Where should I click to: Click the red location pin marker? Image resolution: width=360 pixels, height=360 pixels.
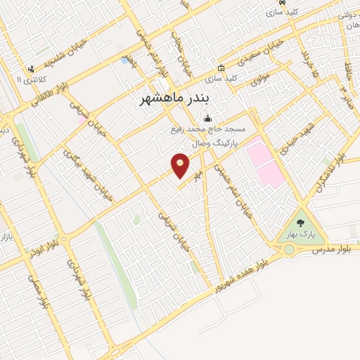181,165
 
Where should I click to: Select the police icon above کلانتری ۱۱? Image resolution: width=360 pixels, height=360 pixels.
30,69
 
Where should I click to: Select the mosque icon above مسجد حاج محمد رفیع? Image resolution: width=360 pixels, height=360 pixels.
207,118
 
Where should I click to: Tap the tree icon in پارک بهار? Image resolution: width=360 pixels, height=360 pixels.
310,224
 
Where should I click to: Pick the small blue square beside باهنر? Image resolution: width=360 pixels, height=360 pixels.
124,61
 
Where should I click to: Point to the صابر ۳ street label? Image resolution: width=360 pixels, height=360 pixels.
345,91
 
